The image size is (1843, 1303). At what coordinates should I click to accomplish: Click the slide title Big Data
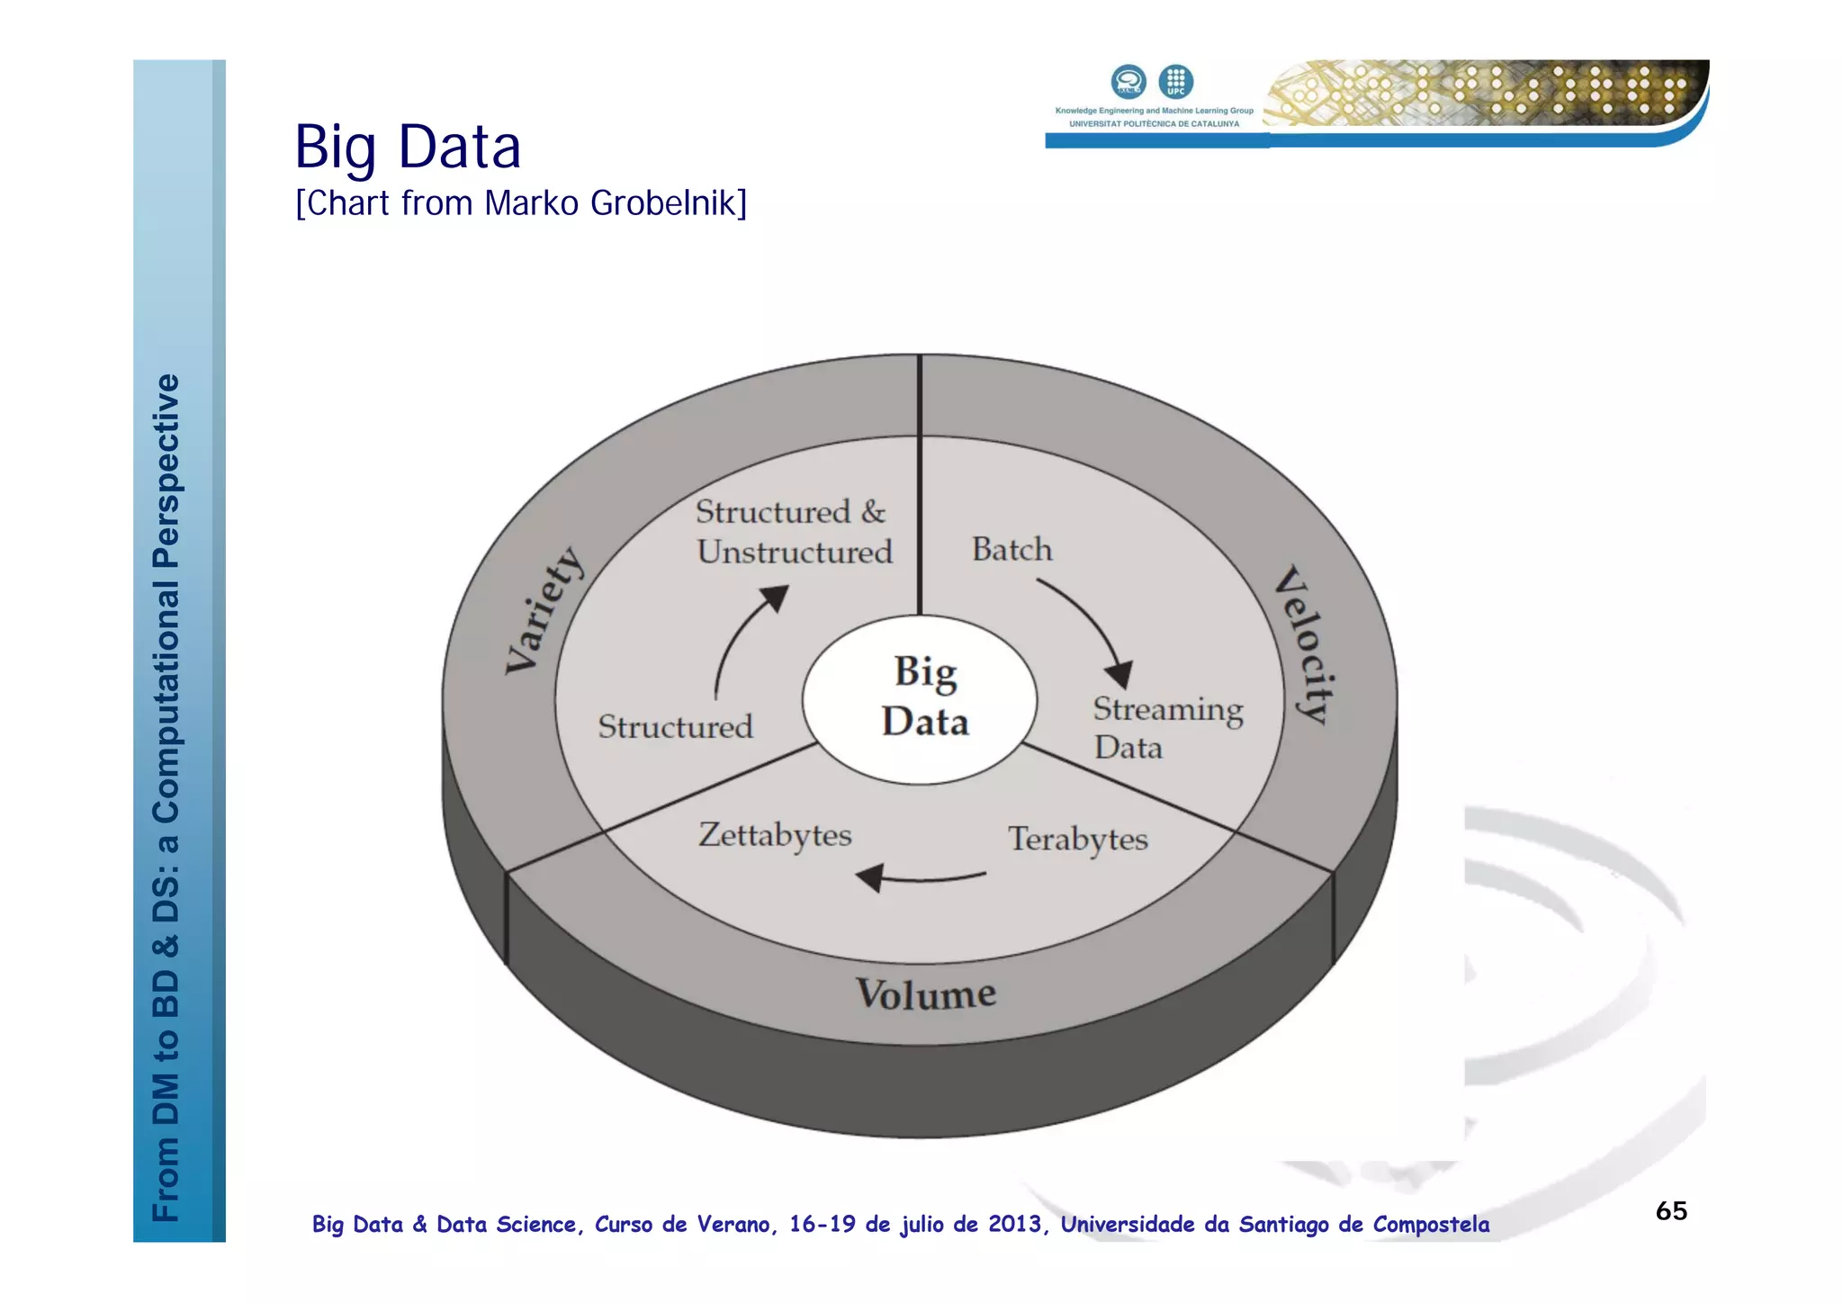[x=408, y=147]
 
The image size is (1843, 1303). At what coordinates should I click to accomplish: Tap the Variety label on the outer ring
[x=544, y=610]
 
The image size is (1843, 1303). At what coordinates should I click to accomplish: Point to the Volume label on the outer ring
[x=925, y=994]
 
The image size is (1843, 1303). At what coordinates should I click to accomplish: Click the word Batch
[x=1011, y=549]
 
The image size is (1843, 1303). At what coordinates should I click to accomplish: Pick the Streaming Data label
[x=1166, y=728]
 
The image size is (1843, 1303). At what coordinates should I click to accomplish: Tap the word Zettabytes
[x=775, y=835]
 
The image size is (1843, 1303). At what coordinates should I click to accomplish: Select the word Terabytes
[x=1077, y=839]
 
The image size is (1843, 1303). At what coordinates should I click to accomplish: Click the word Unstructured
[x=795, y=552]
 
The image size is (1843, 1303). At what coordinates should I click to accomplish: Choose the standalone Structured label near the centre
[x=675, y=726]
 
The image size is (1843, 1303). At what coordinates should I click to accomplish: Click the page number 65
[x=1671, y=1210]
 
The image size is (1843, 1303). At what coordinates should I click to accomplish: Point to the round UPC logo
[x=1175, y=82]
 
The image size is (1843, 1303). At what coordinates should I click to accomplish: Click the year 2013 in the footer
[x=1015, y=1225]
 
